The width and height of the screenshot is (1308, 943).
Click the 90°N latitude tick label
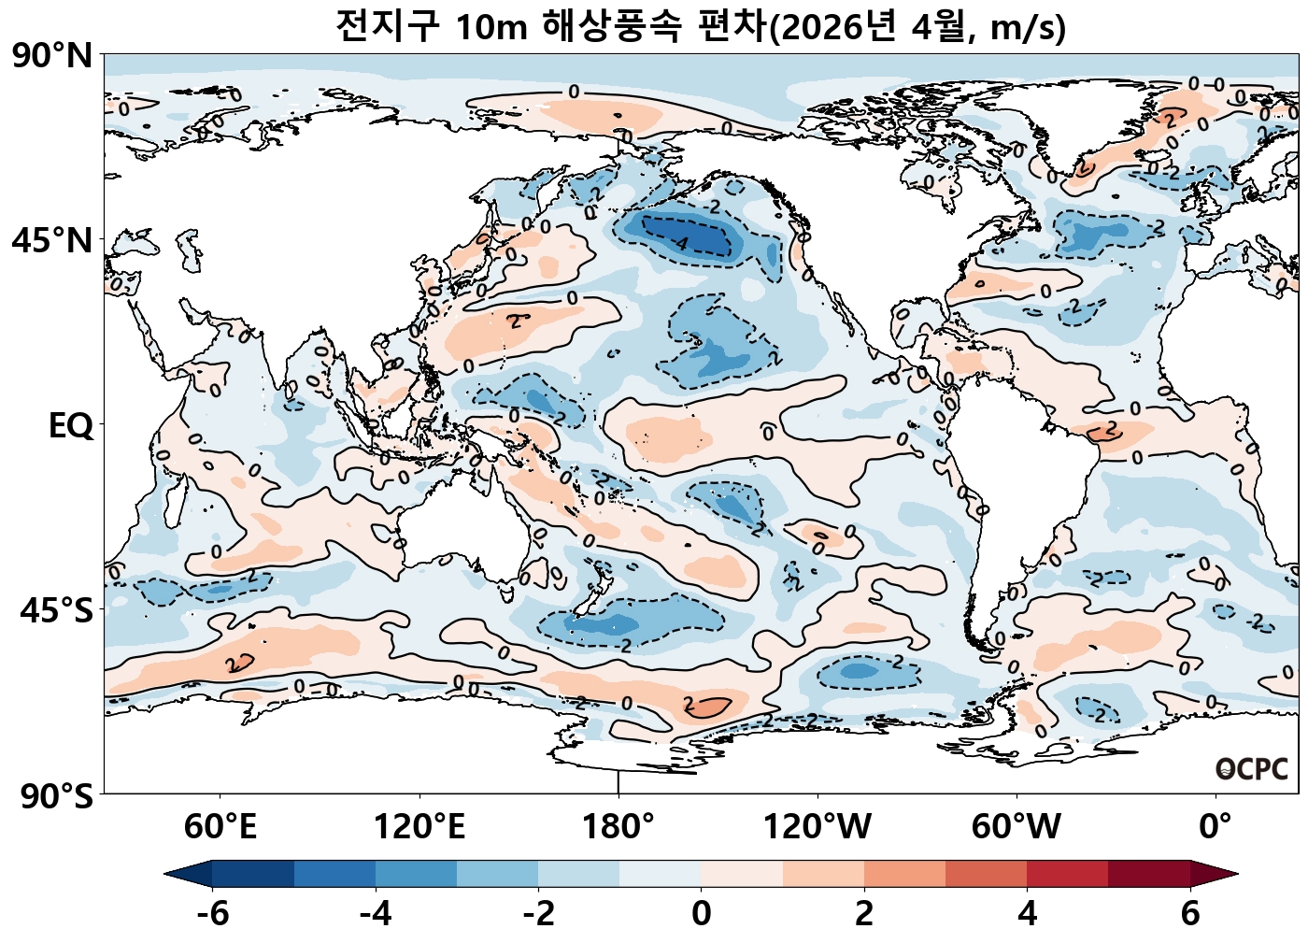click(x=52, y=56)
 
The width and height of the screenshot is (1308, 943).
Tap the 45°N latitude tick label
click(x=52, y=240)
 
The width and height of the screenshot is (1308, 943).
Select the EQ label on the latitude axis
click(x=71, y=426)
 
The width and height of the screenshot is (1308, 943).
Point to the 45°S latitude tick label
click(x=56, y=611)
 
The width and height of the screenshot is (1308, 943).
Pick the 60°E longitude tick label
click(x=220, y=827)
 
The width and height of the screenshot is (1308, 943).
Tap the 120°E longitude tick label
click(x=419, y=827)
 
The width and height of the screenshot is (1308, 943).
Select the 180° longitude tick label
click(x=618, y=827)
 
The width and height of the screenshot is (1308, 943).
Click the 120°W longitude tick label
click(x=817, y=827)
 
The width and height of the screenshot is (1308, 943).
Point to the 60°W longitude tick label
click(x=1017, y=827)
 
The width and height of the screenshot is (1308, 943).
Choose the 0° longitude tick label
click(x=1216, y=827)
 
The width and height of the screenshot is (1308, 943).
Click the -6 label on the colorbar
click(x=213, y=913)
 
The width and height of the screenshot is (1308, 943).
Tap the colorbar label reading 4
click(x=1027, y=913)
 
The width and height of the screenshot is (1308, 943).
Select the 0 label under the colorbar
click(x=702, y=913)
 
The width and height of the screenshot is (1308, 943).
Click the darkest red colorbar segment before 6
click(x=1149, y=874)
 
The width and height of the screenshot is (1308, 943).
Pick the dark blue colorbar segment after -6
click(x=253, y=874)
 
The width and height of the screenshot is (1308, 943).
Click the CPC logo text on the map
click(x=1252, y=769)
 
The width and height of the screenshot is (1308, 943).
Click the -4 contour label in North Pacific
click(x=679, y=244)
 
